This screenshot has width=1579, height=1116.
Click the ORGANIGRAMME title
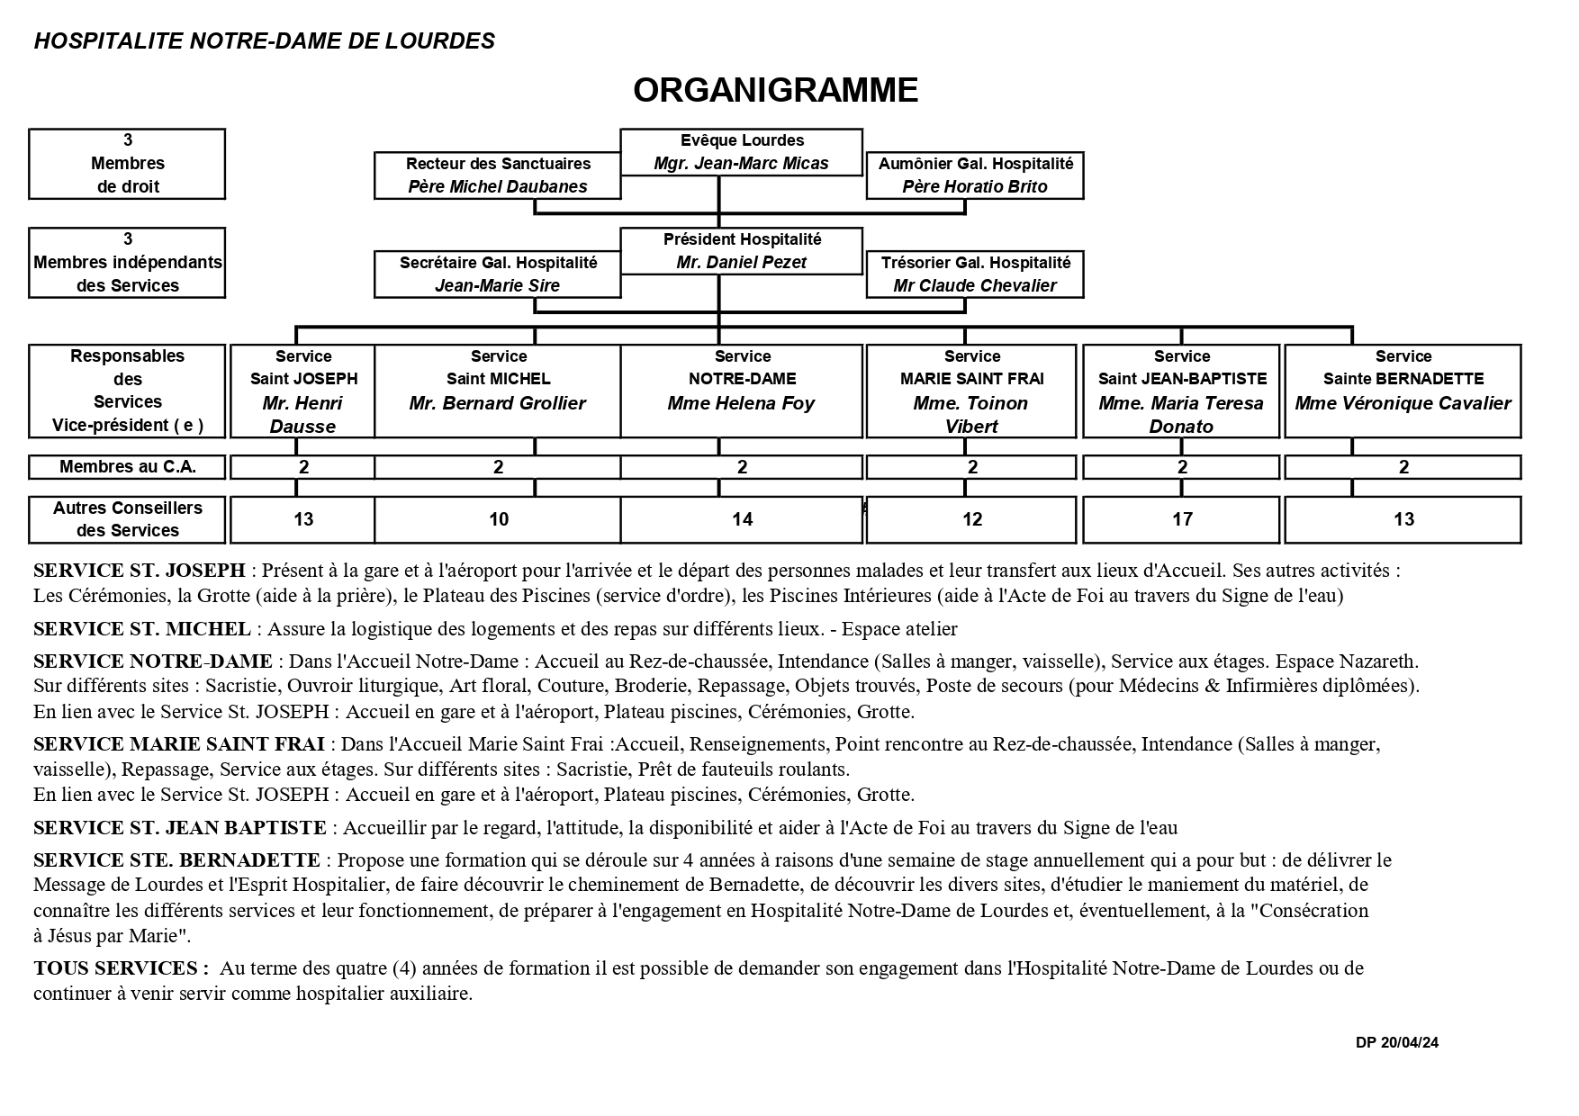[775, 90]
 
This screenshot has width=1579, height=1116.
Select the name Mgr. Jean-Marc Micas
[741, 164]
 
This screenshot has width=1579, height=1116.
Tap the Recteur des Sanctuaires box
[498, 175]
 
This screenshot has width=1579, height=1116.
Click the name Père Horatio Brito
[975, 187]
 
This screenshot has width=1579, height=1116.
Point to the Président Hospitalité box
[742, 250]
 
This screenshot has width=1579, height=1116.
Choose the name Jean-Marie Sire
[497, 286]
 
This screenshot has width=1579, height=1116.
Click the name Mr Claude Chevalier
[975, 286]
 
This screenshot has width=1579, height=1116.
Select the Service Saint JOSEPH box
[303, 391]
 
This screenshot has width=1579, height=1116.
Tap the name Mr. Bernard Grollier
[497, 403]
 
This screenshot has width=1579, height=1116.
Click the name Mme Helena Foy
[741, 403]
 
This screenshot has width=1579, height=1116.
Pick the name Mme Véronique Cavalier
[1403, 403]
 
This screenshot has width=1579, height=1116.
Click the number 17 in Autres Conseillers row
[1182, 519]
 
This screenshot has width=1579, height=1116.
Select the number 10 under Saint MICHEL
[498, 519]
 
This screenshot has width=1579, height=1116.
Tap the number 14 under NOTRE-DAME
[742, 519]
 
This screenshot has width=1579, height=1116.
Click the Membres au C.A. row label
[127, 467]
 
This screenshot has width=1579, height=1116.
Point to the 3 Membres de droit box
[127, 164]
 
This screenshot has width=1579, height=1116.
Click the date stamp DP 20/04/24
[1396, 1043]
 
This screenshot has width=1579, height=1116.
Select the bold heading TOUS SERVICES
[121, 969]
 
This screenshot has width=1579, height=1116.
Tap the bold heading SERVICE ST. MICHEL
[141, 629]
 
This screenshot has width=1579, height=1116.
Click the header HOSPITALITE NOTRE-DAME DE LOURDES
[265, 41]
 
